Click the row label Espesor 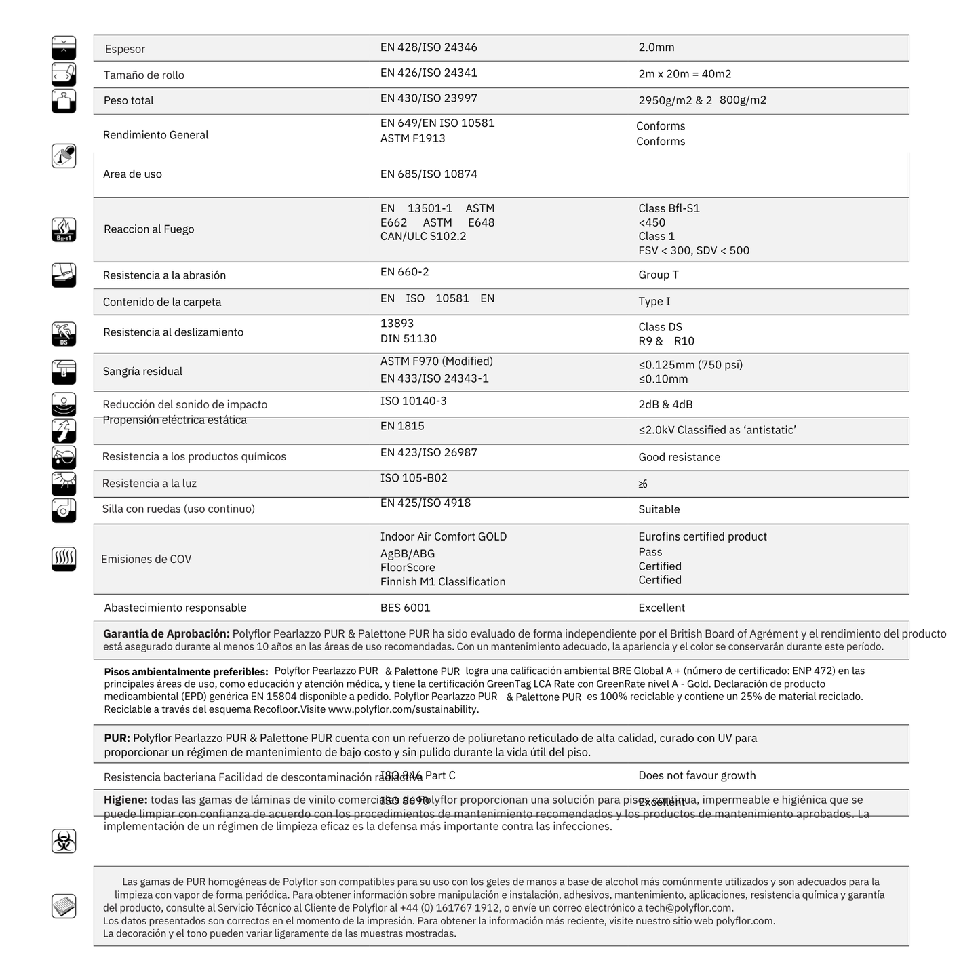(125, 49)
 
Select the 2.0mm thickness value (656, 47)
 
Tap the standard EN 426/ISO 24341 (429, 73)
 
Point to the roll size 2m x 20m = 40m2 (684, 74)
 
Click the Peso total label (128, 100)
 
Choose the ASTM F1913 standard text (412, 138)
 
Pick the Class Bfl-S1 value (669, 208)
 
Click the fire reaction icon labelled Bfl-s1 (64, 230)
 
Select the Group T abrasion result (658, 275)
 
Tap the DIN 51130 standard (408, 338)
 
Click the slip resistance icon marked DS (64, 334)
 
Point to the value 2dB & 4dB (665, 404)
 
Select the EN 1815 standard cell (402, 426)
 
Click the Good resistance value (679, 457)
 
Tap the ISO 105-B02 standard (414, 478)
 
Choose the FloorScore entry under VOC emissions (408, 568)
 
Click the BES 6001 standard (405, 608)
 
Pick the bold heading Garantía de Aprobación (166, 633)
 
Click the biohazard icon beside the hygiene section (64, 841)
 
